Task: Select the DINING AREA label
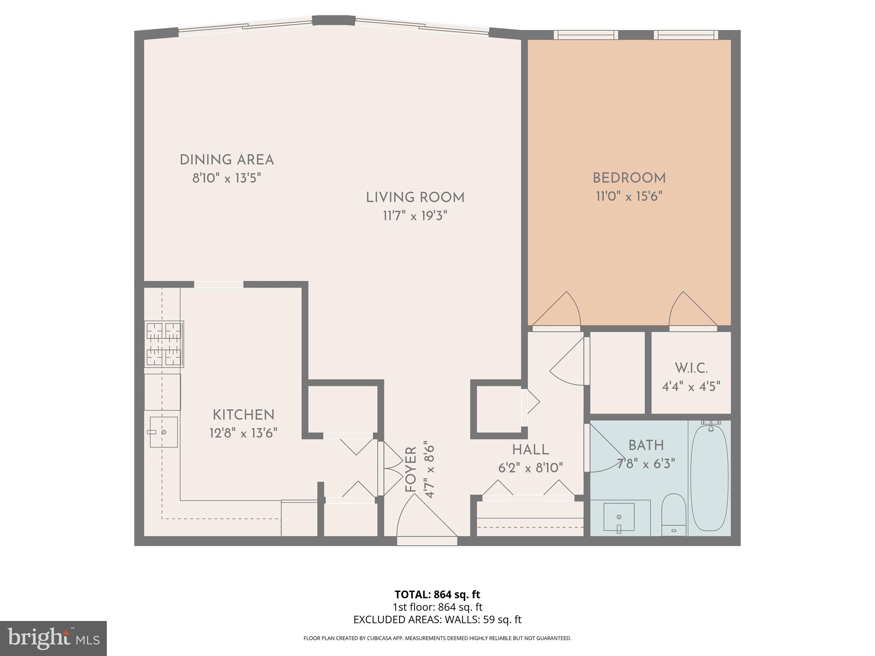[x=226, y=160]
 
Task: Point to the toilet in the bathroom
[x=673, y=515]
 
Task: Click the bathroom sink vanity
[x=619, y=517]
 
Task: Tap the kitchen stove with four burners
[x=164, y=344]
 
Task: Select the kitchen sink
[x=163, y=432]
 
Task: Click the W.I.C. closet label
[x=691, y=368]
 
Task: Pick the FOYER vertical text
[x=411, y=470]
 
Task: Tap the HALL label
[x=530, y=450]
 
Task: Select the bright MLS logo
[x=53, y=638]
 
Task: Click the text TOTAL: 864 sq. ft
[x=437, y=594]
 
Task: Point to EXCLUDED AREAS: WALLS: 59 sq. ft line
[x=437, y=620]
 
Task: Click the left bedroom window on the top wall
[x=586, y=35]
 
